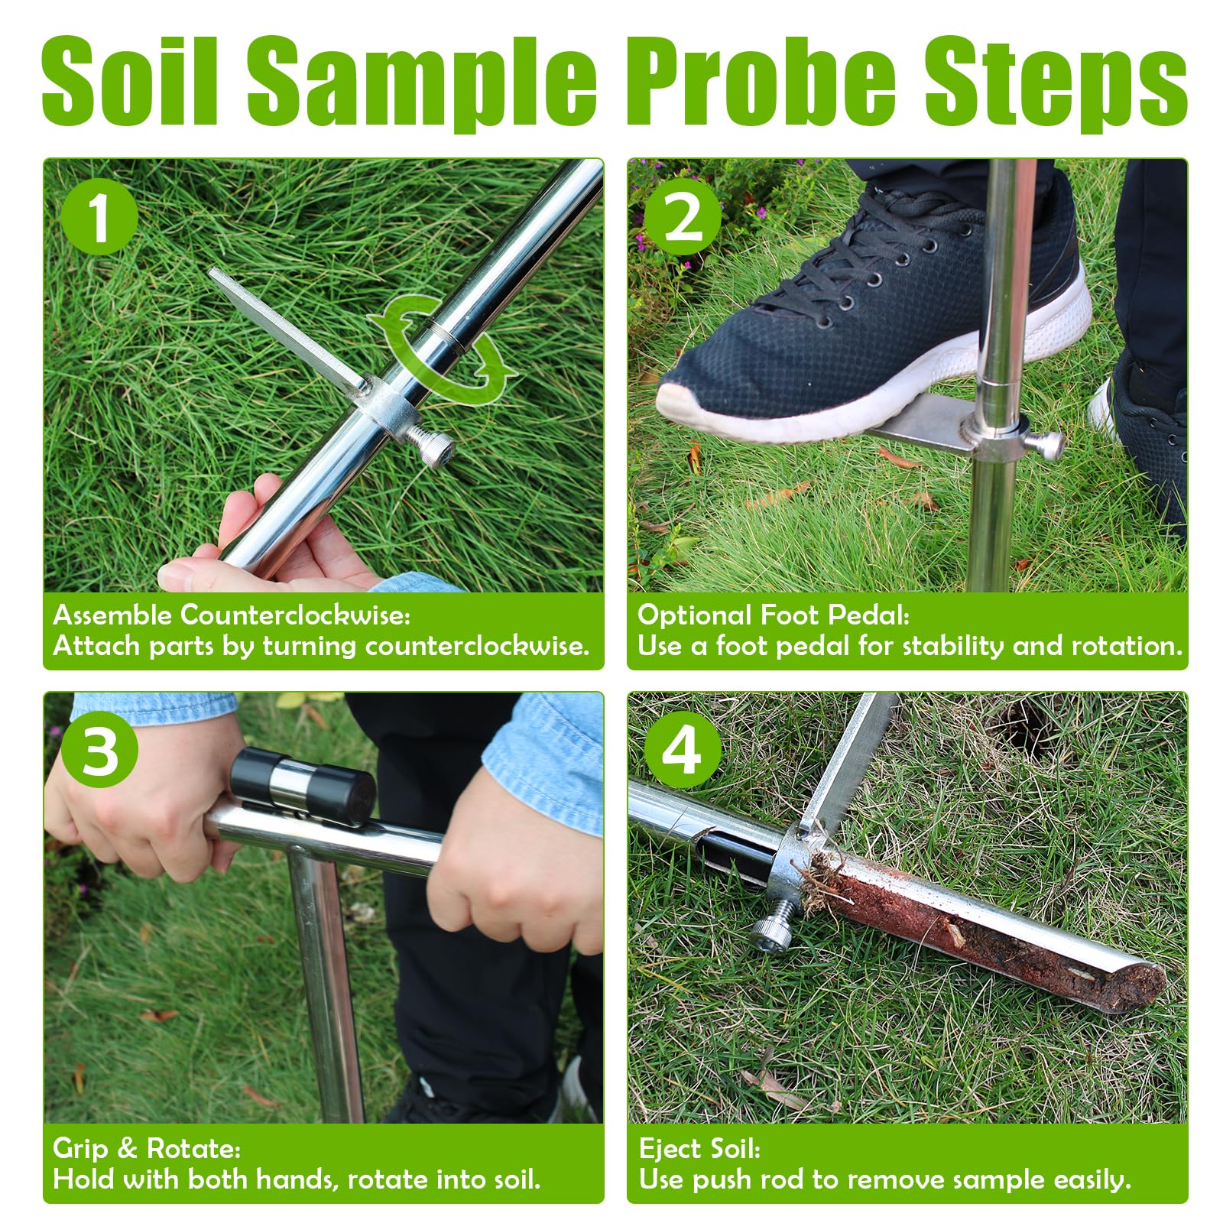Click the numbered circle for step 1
(99, 217)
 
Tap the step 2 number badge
(683, 217)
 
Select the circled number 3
(99, 751)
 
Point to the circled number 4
(683, 751)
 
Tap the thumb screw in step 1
(431, 445)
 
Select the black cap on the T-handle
(303, 787)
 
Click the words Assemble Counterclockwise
(232, 615)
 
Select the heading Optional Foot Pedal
(774, 615)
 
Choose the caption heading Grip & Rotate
(147, 1149)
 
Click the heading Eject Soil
(699, 1149)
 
